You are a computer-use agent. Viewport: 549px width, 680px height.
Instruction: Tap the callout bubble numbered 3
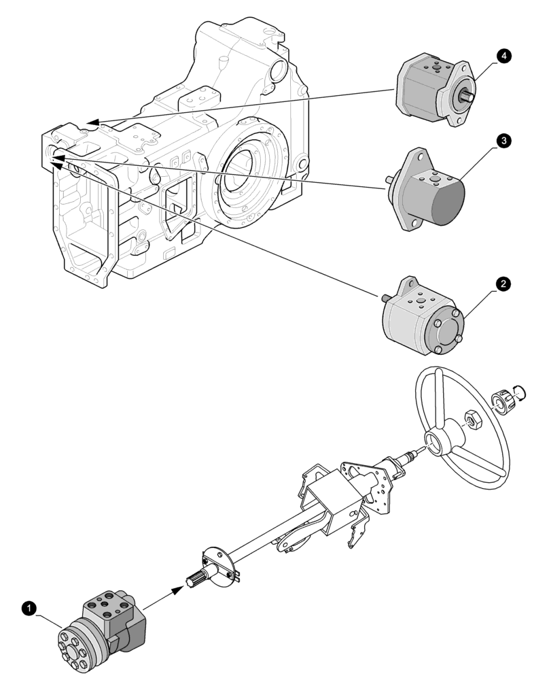coord(503,141)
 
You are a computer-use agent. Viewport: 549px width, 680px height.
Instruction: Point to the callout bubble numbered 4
coord(503,58)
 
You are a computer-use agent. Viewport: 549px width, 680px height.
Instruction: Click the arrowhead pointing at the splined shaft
coord(178,590)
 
